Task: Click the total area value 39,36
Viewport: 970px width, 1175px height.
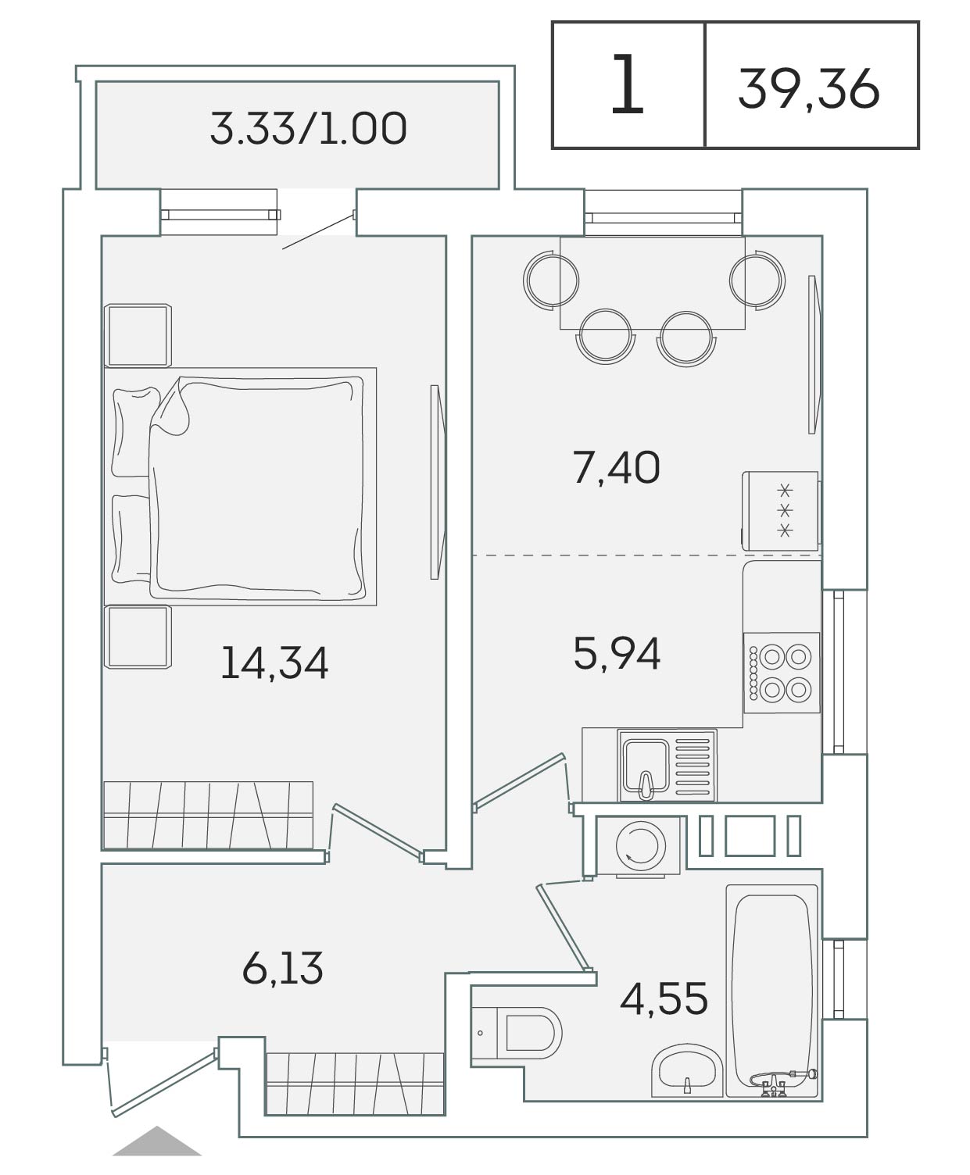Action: (x=808, y=90)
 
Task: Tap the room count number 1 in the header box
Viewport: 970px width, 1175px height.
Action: (x=627, y=84)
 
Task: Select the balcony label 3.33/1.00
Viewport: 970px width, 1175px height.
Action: (x=308, y=129)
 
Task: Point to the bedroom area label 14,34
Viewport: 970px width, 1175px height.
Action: (x=274, y=663)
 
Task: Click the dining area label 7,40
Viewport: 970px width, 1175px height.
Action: (x=617, y=468)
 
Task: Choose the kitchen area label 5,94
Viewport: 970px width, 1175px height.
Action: (x=617, y=654)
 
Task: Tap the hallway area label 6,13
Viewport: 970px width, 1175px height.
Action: (x=283, y=968)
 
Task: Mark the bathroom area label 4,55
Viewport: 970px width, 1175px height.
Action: (x=664, y=999)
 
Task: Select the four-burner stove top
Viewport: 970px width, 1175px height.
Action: (x=782, y=673)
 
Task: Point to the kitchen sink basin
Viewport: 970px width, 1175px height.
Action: (x=646, y=766)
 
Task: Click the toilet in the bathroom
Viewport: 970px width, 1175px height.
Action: (x=516, y=1033)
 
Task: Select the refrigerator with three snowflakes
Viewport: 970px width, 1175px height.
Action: (x=780, y=511)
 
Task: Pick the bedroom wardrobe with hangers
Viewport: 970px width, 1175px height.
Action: (x=208, y=816)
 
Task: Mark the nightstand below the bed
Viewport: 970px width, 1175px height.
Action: (x=138, y=637)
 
